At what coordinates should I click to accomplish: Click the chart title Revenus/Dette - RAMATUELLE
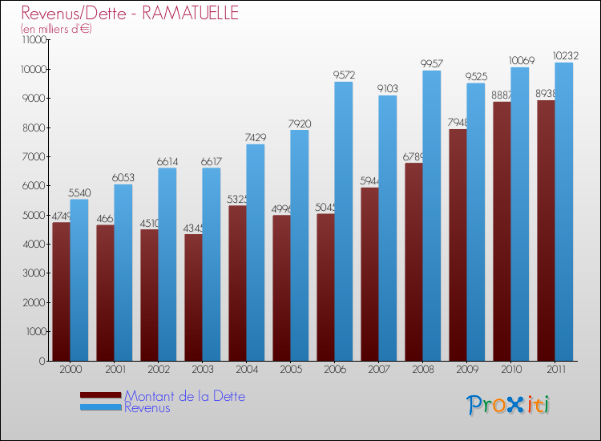click(x=130, y=14)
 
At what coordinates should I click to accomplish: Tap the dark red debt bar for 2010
click(x=502, y=233)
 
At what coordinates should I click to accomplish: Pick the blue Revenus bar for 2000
click(x=79, y=281)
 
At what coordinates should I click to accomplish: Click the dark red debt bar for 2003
click(x=193, y=297)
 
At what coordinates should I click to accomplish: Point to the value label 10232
click(x=563, y=56)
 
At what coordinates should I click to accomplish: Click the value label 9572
click(x=344, y=75)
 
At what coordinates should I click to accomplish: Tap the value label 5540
click(x=79, y=193)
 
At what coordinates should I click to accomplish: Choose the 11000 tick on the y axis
click(x=34, y=40)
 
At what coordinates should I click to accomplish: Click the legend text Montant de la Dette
click(x=185, y=396)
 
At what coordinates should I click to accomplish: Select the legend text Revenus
click(x=147, y=408)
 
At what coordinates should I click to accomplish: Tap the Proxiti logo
click(x=509, y=405)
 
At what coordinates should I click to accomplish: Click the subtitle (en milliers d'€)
click(x=56, y=29)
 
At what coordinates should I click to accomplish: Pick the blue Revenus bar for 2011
click(x=563, y=212)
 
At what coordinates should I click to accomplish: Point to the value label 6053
click(x=123, y=178)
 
